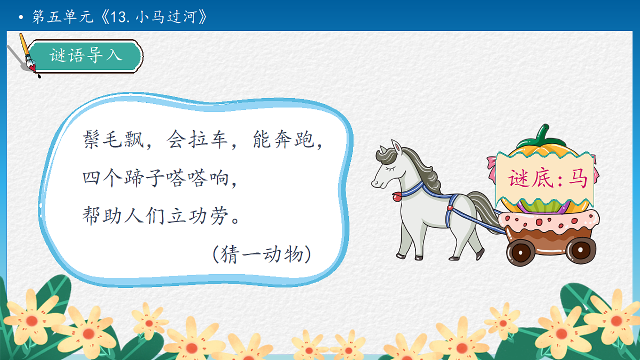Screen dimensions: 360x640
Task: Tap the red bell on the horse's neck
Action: [x=396, y=197]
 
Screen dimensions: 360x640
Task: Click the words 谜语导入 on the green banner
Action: [x=86, y=55]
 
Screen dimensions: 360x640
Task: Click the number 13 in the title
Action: [x=118, y=18]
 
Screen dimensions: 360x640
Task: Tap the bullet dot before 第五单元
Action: [x=21, y=18]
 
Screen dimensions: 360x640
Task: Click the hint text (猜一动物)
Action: [x=261, y=254]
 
